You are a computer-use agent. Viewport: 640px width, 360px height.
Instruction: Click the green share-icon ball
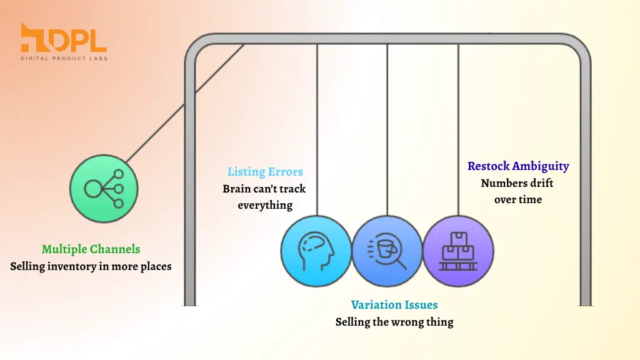click(x=104, y=189)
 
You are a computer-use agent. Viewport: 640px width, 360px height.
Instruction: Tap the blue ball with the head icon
click(x=316, y=251)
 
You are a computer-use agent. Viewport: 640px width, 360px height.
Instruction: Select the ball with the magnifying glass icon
click(x=387, y=251)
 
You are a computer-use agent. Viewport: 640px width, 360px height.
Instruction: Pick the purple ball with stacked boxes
click(x=458, y=251)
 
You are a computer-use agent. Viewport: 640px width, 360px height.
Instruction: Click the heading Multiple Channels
click(x=91, y=249)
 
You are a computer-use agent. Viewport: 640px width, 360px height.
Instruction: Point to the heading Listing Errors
click(x=265, y=172)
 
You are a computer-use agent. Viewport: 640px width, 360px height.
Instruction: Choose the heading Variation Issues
click(x=394, y=304)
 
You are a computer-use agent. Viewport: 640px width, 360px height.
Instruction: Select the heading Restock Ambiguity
click(x=518, y=166)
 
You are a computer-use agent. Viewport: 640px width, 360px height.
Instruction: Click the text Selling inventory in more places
click(x=91, y=266)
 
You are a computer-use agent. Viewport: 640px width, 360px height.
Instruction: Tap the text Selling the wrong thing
click(x=394, y=322)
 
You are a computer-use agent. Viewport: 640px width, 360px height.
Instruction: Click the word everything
click(x=265, y=205)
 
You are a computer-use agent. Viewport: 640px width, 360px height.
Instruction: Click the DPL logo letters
click(x=63, y=37)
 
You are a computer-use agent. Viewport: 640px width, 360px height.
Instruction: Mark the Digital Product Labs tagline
click(x=64, y=58)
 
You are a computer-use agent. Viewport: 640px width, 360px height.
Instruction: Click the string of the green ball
click(x=185, y=104)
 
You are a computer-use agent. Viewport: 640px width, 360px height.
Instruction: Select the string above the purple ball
click(x=458, y=130)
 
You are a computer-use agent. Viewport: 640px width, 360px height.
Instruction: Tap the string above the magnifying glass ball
click(x=387, y=130)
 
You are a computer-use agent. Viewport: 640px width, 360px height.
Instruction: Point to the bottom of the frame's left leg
click(x=190, y=304)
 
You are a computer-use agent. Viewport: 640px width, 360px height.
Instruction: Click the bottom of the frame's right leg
click(x=585, y=304)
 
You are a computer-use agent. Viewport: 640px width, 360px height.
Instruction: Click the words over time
click(x=518, y=199)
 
